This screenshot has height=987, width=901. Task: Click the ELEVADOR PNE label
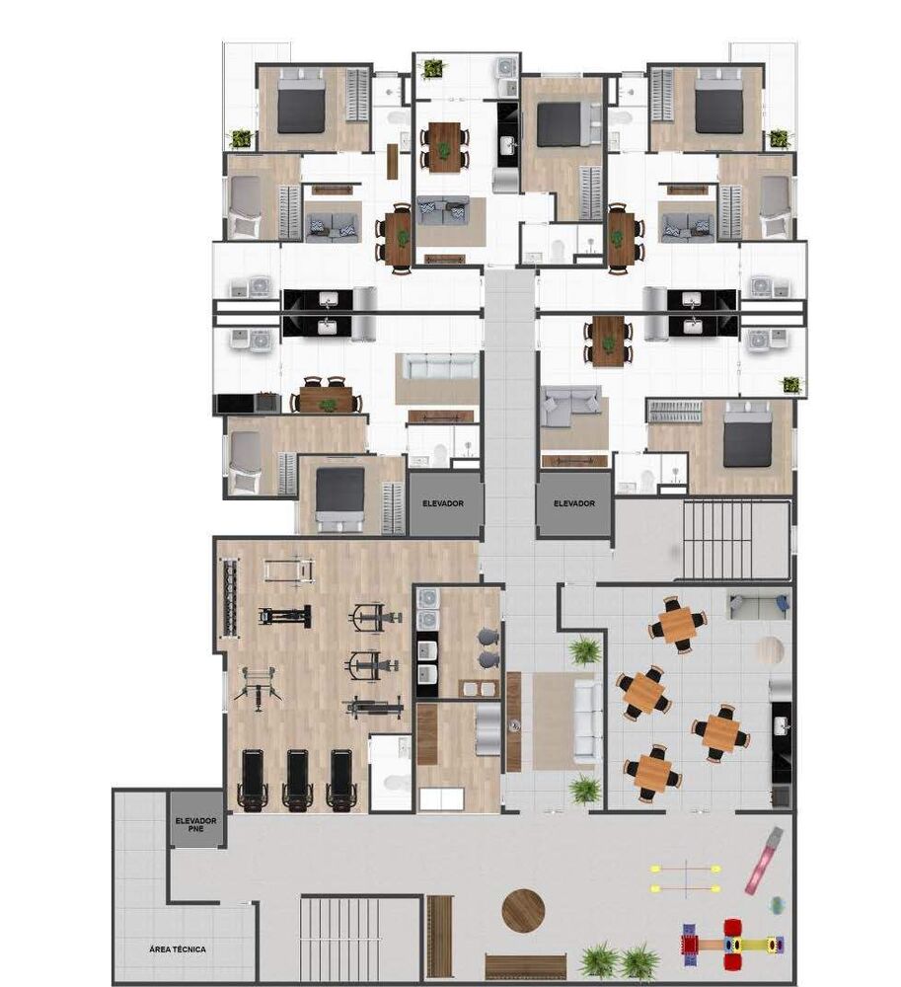[x=195, y=826]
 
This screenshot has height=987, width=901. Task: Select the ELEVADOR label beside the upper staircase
[x=573, y=503]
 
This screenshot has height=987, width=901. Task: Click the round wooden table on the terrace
[x=523, y=911]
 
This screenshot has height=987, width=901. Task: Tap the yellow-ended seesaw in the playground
[x=684, y=878]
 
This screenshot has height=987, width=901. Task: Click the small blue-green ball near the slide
[x=777, y=903]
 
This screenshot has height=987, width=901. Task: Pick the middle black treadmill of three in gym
[x=298, y=781]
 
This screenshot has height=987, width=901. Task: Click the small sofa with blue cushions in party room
[x=757, y=603]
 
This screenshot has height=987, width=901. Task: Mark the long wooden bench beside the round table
[x=440, y=922]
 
